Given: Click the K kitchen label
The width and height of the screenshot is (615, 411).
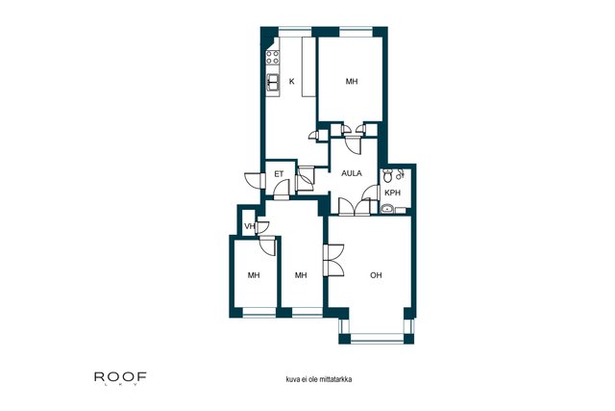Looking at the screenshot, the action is click(x=291, y=82).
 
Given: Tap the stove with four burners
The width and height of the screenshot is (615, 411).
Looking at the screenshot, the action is click(x=273, y=58).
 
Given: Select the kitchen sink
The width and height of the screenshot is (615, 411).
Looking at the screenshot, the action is click(x=273, y=83).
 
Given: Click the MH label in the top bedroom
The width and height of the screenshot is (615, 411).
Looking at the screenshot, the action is click(x=352, y=82).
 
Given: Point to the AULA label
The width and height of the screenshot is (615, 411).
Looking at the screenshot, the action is click(x=352, y=173).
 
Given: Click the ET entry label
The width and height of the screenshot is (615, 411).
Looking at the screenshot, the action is click(x=279, y=174).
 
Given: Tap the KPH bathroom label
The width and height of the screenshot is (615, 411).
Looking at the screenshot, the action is click(x=392, y=193).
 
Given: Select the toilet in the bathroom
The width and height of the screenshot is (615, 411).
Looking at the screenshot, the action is click(x=388, y=175).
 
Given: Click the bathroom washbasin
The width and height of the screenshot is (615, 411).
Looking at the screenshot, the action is click(x=387, y=209).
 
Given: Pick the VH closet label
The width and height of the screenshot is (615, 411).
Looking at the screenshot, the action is click(x=249, y=227).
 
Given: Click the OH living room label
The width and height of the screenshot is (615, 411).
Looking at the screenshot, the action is click(x=376, y=275).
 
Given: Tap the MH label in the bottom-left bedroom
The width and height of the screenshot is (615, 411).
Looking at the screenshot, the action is click(x=254, y=275).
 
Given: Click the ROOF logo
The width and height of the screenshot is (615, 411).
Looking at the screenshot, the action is click(x=120, y=377).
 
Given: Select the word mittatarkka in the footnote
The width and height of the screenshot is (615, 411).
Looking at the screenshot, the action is click(x=335, y=379).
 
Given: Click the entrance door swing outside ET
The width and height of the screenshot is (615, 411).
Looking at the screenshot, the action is click(x=253, y=180).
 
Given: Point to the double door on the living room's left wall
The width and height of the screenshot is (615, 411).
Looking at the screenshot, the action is click(x=334, y=260).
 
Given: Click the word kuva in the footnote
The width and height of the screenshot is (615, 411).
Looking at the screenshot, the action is click(x=292, y=379).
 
